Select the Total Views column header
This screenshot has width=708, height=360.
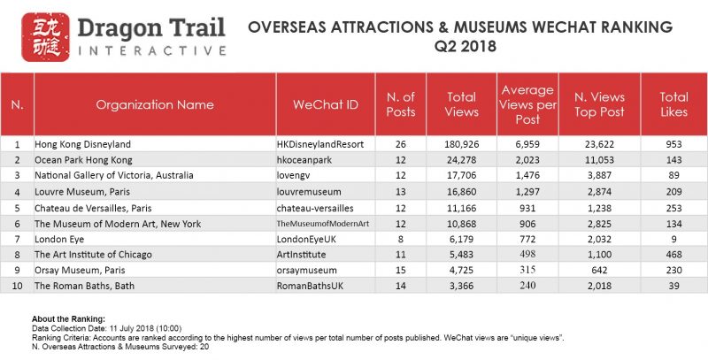coord(461,104)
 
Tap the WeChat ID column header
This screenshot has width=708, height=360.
coord(325,104)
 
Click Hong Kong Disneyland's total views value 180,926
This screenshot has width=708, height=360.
coord(461,142)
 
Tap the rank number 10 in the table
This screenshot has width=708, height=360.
coord(17,287)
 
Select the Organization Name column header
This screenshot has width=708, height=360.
coord(154,104)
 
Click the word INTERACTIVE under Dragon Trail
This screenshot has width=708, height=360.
coord(141,50)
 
